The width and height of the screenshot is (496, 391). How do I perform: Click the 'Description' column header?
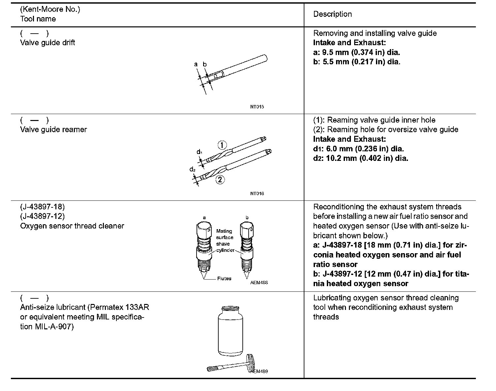click(x=332, y=14)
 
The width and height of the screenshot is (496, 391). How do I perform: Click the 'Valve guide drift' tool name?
click(x=47, y=43)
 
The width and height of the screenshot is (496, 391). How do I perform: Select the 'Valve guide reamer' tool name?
click(x=53, y=129)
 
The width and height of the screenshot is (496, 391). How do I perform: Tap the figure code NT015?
click(x=257, y=107)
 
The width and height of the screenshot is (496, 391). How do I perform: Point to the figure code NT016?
click(x=257, y=194)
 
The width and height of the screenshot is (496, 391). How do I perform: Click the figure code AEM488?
click(x=259, y=283)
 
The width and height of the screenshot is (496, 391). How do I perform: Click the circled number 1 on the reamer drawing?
click(x=222, y=145)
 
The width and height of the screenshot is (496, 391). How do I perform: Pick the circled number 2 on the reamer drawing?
click(x=220, y=180)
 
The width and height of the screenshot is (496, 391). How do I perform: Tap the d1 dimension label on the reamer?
click(x=200, y=152)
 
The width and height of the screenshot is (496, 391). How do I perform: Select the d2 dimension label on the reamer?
click(x=193, y=169)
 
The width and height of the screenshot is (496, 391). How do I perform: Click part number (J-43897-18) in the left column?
click(x=42, y=207)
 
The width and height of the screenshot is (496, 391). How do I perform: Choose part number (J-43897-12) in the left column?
click(x=42, y=216)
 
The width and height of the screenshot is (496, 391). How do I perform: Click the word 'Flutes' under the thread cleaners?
click(x=224, y=279)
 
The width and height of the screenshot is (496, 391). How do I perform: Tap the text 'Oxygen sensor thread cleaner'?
click(x=72, y=226)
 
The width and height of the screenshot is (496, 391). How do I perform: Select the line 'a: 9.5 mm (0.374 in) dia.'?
click(x=356, y=52)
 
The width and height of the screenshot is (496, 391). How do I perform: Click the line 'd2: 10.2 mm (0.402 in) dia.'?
click(x=360, y=158)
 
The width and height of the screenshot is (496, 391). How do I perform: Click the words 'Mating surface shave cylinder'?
click(x=225, y=241)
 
